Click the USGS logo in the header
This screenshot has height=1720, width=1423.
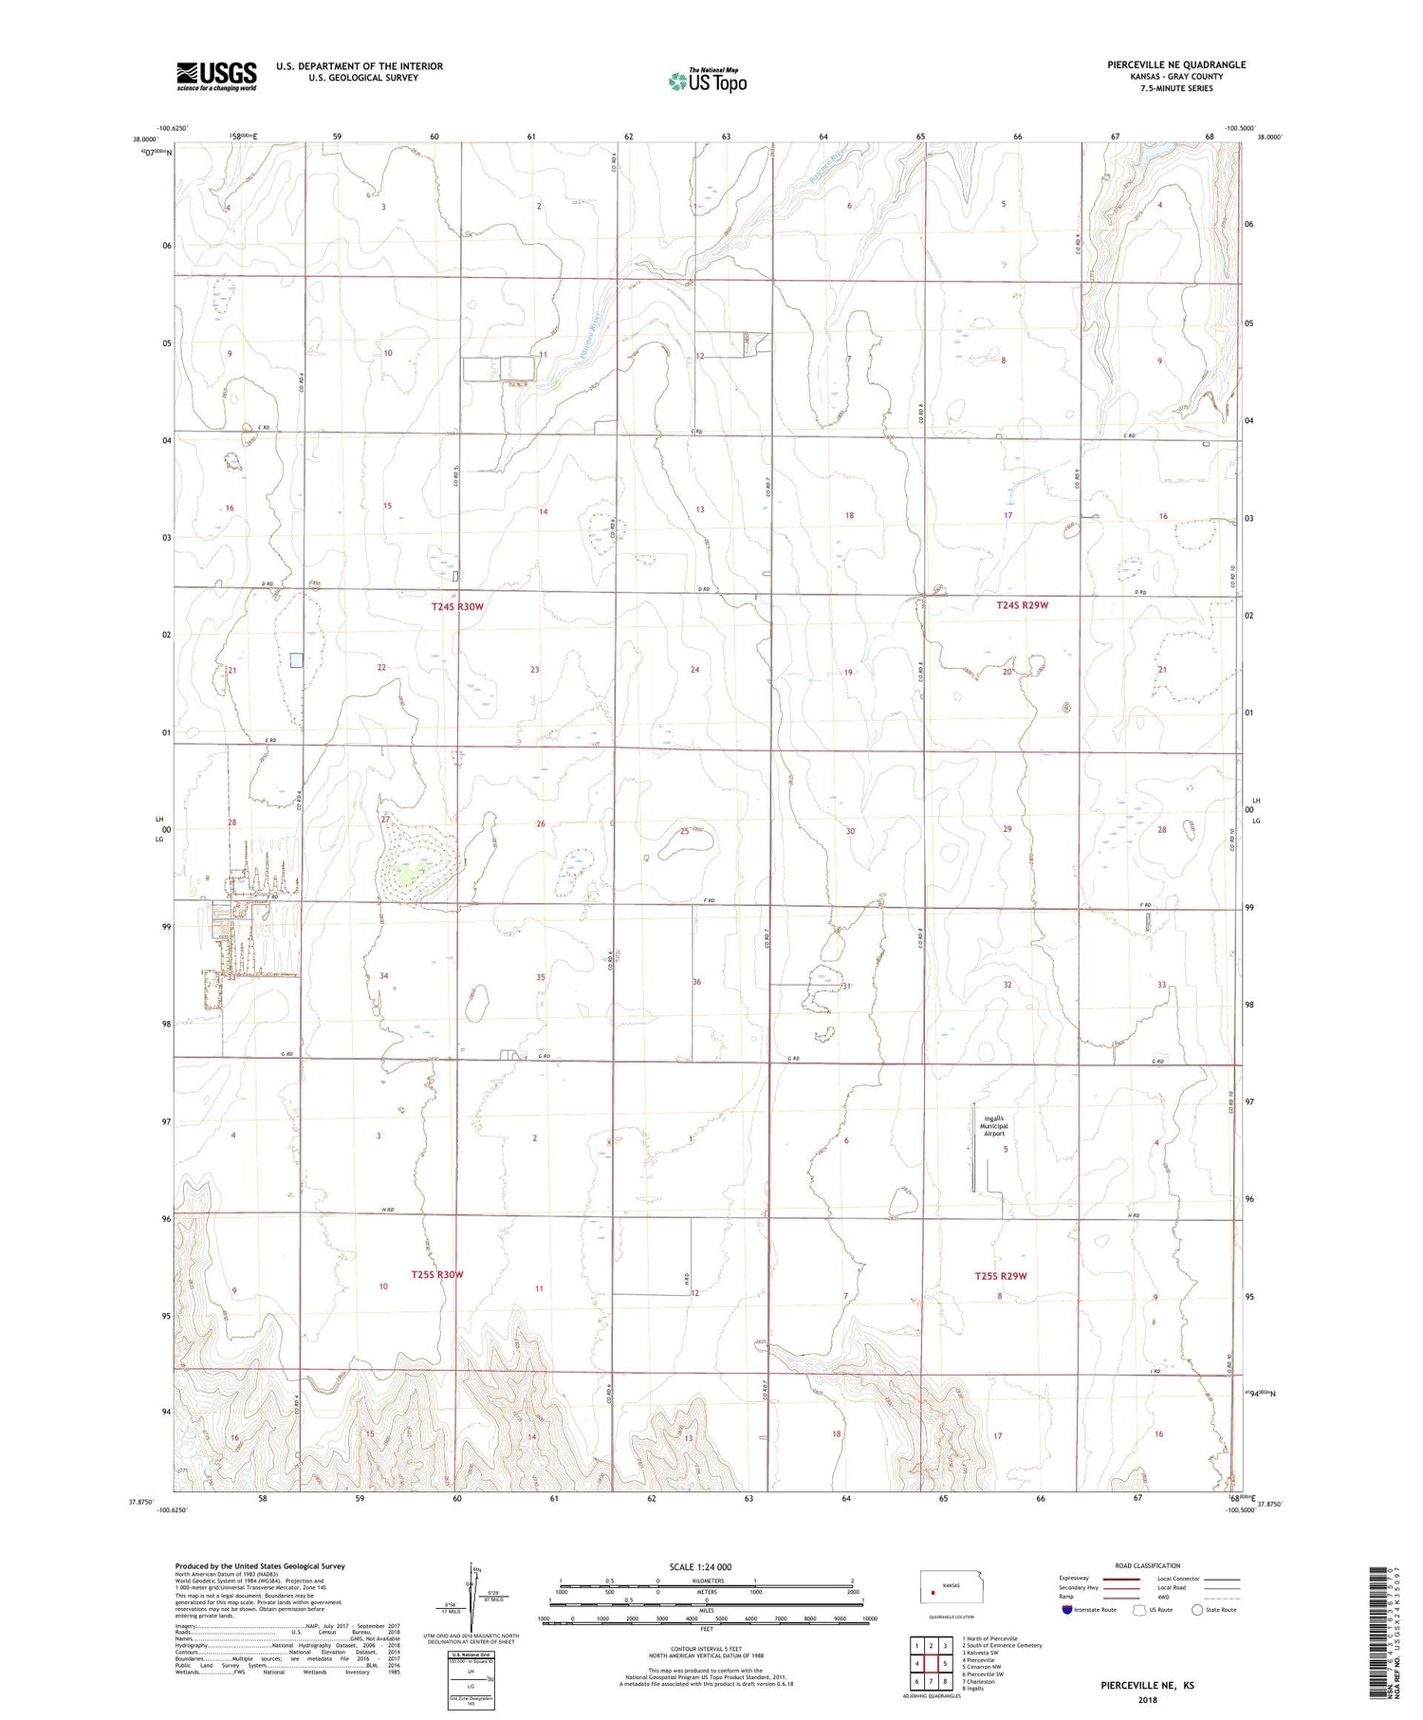216,76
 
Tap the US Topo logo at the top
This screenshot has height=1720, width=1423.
707,82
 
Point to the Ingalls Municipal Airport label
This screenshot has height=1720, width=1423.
993,1125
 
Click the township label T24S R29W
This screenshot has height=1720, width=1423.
1022,605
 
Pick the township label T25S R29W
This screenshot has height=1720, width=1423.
1001,1276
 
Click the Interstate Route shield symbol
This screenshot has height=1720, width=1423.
1067,1609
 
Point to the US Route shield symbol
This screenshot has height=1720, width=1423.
1139,1609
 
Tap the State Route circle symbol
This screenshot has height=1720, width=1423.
1197,1609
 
